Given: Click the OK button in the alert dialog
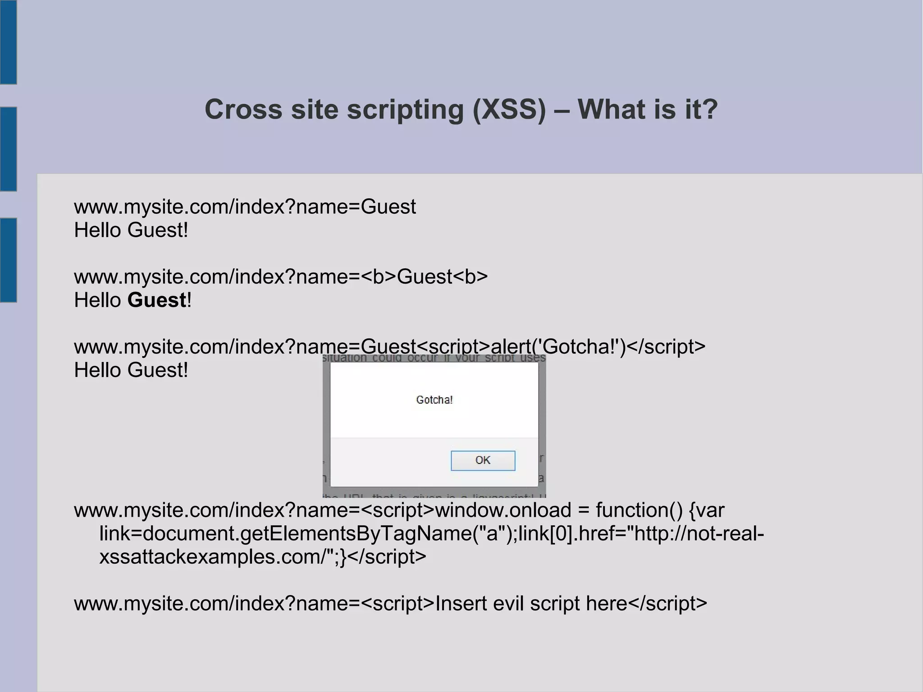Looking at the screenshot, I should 483,460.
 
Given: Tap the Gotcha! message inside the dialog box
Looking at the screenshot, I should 434,400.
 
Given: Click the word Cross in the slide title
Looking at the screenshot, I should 243,110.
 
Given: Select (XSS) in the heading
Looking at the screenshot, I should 509,110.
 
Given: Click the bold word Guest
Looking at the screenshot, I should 157,300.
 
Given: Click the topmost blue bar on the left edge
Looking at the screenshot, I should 8,42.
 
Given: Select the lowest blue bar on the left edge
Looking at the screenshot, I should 8,260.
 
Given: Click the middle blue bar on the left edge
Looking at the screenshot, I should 8,149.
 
